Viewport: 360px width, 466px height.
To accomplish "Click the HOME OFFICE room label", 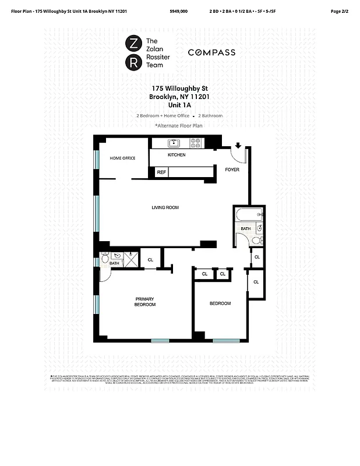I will click(123, 158).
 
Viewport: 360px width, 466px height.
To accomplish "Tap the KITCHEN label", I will click(177, 155).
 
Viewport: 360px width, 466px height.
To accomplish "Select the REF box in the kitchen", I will click(161, 172).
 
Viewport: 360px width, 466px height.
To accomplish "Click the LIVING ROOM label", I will click(165, 207).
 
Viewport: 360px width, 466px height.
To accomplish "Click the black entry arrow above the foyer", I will click(238, 146).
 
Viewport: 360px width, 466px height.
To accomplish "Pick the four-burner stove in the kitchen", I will click(196, 142).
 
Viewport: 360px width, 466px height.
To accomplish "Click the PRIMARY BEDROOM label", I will click(145, 302).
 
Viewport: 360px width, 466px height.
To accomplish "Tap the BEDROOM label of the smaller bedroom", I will click(220, 303).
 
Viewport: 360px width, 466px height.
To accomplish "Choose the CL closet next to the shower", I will click(150, 260).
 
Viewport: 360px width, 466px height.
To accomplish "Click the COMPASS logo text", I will click(211, 52).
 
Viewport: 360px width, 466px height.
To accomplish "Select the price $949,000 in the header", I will click(179, 11).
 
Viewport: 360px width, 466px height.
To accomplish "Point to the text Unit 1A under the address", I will click(179, 105).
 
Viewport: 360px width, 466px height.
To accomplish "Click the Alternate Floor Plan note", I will click(179, 125).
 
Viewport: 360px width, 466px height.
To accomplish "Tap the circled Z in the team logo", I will click(133, 43).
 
